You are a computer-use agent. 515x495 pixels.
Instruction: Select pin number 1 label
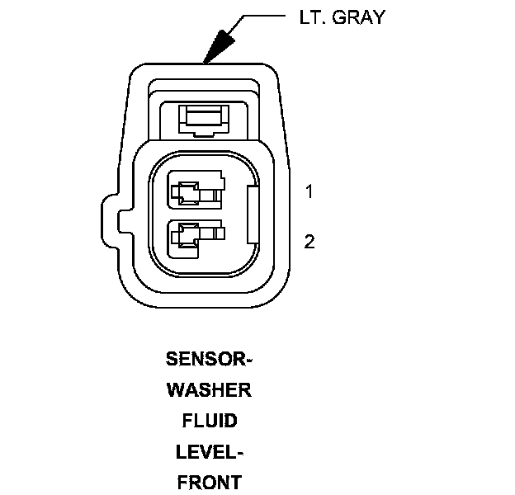(x=309, y=192)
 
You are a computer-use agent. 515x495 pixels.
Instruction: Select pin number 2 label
(x=309, y=242)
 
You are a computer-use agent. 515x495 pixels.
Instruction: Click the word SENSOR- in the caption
(x=209, y=359)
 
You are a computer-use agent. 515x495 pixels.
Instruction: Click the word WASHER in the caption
(x=209, y=390)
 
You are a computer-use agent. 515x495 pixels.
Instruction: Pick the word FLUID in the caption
(x=209, y=421)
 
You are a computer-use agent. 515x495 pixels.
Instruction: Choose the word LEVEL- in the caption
(x=209, y=452)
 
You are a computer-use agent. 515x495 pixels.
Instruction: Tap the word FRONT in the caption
(x=209, y=483)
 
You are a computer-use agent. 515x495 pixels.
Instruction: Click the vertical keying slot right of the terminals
(x=253, y=216)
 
